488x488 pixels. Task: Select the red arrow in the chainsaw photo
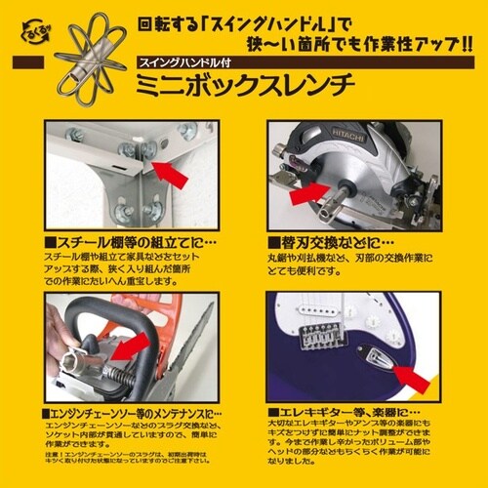(x=136, y=345)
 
